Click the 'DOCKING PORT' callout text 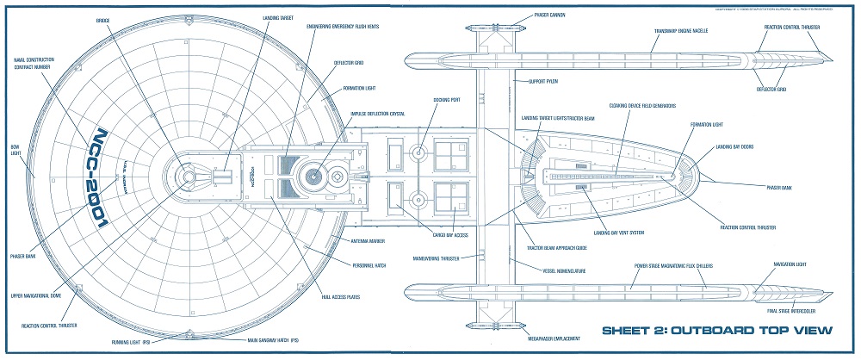pyautogui.click(x=447, y=99)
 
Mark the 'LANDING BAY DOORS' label pyautogui.click(x=734, y=146)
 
